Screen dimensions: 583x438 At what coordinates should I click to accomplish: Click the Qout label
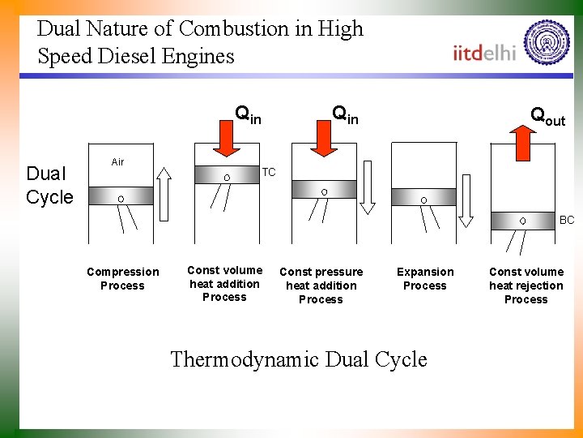click(547, 116)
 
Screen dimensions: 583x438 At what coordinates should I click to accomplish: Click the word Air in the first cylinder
click(117, 162)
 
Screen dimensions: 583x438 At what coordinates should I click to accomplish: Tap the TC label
click(269, 173)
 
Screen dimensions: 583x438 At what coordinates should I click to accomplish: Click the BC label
click(567, 220)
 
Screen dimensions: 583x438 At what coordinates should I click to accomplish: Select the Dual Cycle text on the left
click(49, 185)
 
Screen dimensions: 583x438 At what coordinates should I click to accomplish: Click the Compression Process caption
click(123, 278)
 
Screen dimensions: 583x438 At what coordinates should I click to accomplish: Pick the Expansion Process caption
click(425, 278)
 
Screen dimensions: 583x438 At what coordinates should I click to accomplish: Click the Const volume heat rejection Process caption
click(526, 286)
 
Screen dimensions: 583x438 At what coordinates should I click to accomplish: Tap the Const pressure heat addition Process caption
click(321, 286)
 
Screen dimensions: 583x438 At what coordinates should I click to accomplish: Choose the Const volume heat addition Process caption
click(225, 284)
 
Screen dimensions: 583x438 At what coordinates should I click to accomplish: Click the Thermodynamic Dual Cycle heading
click(298, 359)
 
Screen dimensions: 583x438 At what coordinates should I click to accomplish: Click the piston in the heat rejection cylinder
click(521, 220)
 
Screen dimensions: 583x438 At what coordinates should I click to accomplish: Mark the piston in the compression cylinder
click(119, 199)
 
